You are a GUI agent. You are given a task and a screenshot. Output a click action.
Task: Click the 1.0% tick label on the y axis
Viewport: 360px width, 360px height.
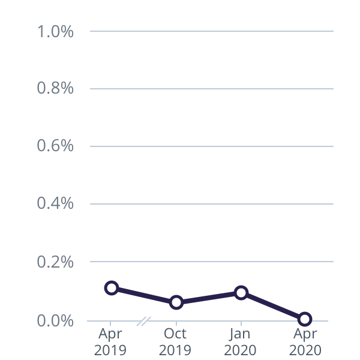(55, 31)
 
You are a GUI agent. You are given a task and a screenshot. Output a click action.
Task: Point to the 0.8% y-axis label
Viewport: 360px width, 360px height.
(55, 89)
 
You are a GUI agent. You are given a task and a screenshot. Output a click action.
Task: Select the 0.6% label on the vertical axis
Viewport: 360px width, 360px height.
(55, 146)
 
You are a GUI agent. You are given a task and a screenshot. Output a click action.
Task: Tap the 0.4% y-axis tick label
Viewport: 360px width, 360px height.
(55, 204)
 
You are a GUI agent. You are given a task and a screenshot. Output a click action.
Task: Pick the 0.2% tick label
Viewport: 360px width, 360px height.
(55, 262)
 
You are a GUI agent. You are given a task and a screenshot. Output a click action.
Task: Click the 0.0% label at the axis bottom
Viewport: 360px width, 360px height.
(55, 321)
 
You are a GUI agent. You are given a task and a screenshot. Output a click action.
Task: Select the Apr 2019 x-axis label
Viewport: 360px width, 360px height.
(110, 341)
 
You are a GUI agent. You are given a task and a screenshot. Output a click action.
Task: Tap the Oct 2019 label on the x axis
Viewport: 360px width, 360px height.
(175, 341)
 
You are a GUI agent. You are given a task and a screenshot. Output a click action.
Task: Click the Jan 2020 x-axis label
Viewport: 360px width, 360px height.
(240, 341)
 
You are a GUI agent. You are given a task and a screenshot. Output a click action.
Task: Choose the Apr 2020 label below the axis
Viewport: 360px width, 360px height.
(305, 341)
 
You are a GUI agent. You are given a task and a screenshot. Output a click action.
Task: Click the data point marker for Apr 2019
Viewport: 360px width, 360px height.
(111, 288)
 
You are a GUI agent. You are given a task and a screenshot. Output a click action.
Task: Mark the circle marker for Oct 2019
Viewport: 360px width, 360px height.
(176, 302)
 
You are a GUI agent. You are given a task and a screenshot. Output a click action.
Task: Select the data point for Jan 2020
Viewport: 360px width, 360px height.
(241, 293)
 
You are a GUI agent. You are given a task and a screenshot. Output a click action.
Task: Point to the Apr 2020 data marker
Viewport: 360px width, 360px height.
(305, 319)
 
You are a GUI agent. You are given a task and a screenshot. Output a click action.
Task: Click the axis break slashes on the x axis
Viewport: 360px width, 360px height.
(143, 322)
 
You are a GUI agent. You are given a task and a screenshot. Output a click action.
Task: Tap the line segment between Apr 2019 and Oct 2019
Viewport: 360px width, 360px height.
(143, 295)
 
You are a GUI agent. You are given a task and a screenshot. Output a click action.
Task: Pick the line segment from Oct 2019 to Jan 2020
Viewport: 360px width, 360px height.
(208, 298)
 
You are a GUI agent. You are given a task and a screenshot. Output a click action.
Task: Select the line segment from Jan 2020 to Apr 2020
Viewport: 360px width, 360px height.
(273, 306)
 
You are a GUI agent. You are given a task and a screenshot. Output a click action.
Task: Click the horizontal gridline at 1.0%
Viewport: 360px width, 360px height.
(210, 31)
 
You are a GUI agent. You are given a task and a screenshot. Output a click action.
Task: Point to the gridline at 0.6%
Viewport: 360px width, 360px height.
(210, 146)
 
